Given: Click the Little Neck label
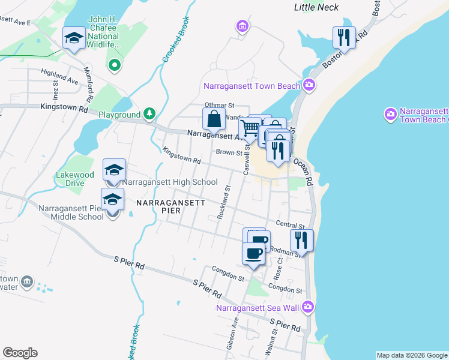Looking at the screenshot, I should tap(316, 8).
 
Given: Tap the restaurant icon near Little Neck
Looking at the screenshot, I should tap(344, 38).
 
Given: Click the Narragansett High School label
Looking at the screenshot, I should tap(170, 182).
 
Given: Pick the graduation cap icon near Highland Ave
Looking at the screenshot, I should tap(74, 39).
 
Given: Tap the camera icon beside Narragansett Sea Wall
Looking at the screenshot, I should tap(308, 307).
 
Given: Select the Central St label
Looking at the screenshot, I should tap(287, 224).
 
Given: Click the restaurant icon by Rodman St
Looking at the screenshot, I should tap(301, 240).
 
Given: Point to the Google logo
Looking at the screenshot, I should tap(20, 353).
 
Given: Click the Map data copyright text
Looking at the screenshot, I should tap(411, 355).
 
